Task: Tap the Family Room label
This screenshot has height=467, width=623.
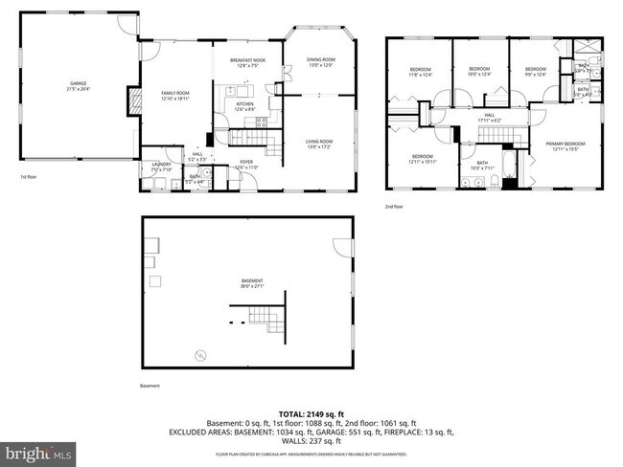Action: coord(174,95)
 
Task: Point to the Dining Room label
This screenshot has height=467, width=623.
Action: coord(321,62)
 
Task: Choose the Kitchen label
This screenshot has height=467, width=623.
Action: coord(244,105)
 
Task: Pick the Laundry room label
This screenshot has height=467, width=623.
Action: coord(160,167)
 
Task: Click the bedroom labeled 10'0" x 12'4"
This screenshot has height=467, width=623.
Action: coord(479,71)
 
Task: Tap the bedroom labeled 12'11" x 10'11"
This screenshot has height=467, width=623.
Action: coord(423,159)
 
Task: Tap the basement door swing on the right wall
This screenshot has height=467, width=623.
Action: coord(340,246)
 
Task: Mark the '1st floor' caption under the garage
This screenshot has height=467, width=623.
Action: coord(30,177)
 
